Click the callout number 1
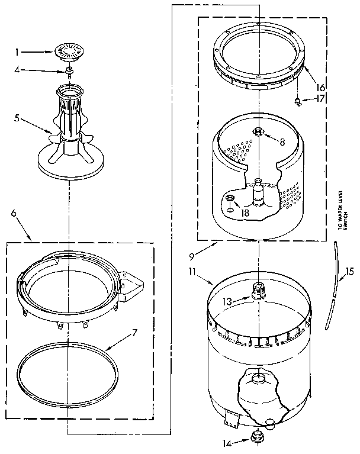coord(18,52)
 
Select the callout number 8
coord(282,141)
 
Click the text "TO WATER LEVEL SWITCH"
coord(339,210)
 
